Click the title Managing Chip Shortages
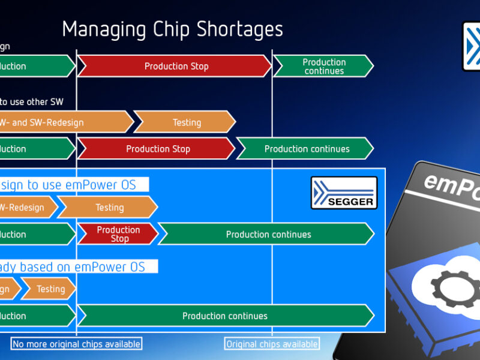172,29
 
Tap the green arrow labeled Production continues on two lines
323,66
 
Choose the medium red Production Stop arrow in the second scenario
157,148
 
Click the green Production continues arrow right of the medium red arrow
306,148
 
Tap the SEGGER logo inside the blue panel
344,193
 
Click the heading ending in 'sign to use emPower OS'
72,185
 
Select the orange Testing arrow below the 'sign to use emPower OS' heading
109,208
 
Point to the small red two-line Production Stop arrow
118,234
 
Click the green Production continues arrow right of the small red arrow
268,234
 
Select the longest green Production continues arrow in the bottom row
225,316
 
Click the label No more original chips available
76,344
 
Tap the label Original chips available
272,344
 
